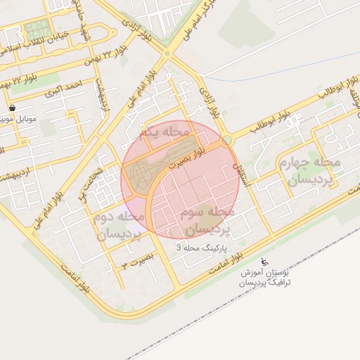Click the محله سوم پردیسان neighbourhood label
[x=207, y=221]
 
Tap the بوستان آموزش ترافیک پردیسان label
[x=264, y=277]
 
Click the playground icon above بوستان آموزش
[x=264, y=262]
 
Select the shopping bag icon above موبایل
[x=13, y=108]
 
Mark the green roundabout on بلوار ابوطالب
[x=227, y=140]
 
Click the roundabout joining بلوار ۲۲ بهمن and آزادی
[x=167, y=53]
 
